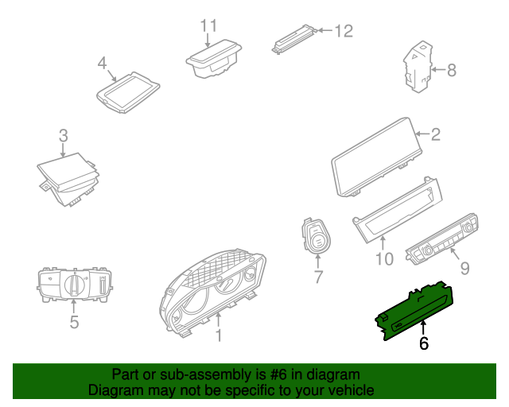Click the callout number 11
pyautogui.click(x=208, y=25)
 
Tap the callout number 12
pyautogui.click(x=344, y=31)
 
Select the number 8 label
pyautogui.click(x=452, y=70)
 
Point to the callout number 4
pyautogui.click(x=103, y=63)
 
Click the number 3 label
pyautogui.click(x=64, y=136)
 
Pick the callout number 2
pyautogui.click(x=436, y=134)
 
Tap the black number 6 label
pyautogui.click(x=424, y=343)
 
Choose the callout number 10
pyautogui.click(x=384, y=259)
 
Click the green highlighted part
pyautogui.click(x=415, y=311)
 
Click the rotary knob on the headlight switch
pyautogui.click(x=75, y=285)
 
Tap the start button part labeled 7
pyautogui.click(x=317, y=235)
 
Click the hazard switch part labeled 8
pyautogui.click(x=418, y=67)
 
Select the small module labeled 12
pyautogui.click(x=294, y=38)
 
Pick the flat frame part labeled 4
pyautogui.click(x=128, y=92)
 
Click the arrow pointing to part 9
pyautogui.click(x=454, y=254)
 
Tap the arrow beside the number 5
pyautogui.click(x=74, y=306)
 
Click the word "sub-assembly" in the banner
pyautogui.click(x=205, y=375)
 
